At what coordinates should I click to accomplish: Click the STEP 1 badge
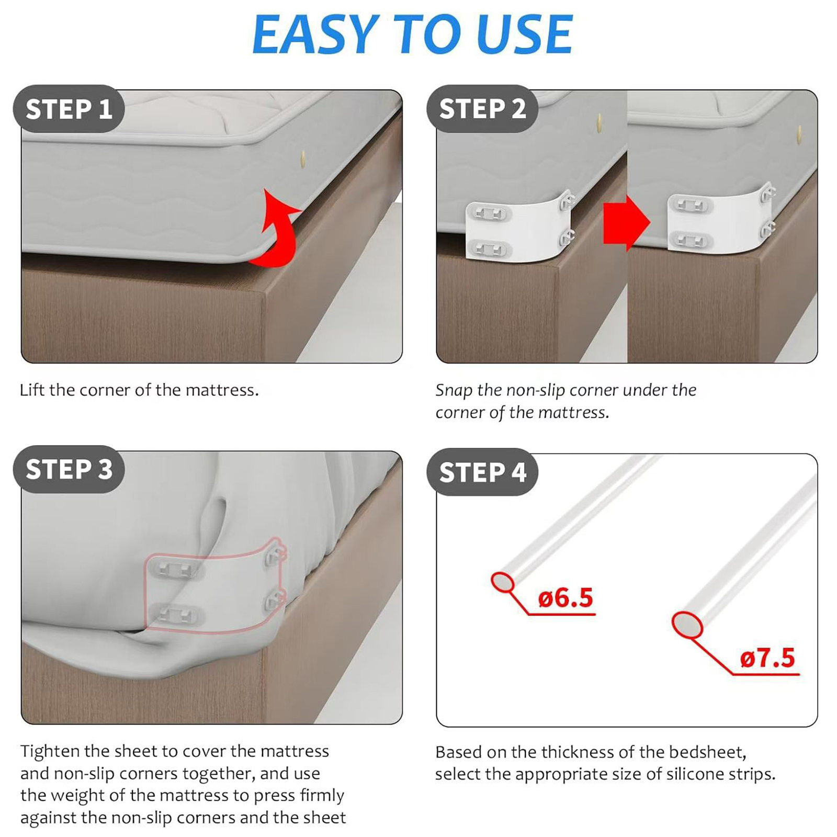[x=69, y=109]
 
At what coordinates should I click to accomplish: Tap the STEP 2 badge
[x=482, y=109]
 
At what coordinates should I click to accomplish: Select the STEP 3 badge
[x=69, y=469]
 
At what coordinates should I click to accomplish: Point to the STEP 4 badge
[x=482, y=472]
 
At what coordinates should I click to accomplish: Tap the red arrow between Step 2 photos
[x=626, y=223]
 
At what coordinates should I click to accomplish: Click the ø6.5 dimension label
[x=565, y=597]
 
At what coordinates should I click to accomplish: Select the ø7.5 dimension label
[x=767, y=658]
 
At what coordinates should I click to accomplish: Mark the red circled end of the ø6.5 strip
[x=502, y=582]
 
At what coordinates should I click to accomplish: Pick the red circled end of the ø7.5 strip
[x=687, y=626]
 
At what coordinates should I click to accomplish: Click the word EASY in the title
[x=315, y=34]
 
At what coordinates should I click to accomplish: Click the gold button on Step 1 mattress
[x=303, y=159]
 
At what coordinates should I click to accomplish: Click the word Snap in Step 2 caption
[x=454, y=391]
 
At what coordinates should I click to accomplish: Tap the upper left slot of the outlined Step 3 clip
[x=175, y=569]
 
